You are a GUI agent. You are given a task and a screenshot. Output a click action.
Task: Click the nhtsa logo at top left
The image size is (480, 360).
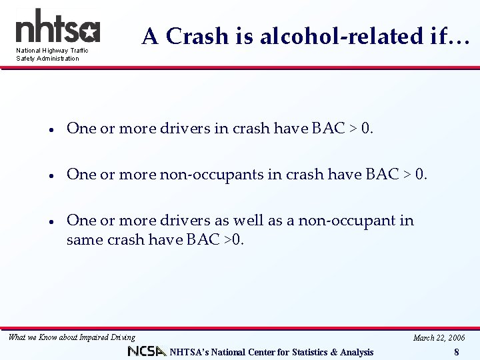point(57,27)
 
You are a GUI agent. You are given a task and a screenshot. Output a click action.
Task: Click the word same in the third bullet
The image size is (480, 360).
point(83,239)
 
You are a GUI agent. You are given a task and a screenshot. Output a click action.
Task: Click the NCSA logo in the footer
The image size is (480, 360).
point(147,351)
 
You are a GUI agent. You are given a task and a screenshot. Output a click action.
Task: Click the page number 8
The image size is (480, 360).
point(456,352)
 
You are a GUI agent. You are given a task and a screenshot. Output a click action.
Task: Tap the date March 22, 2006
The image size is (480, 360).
point(439,337)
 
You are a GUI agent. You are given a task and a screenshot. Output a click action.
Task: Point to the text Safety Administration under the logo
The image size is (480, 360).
point(47,59)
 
